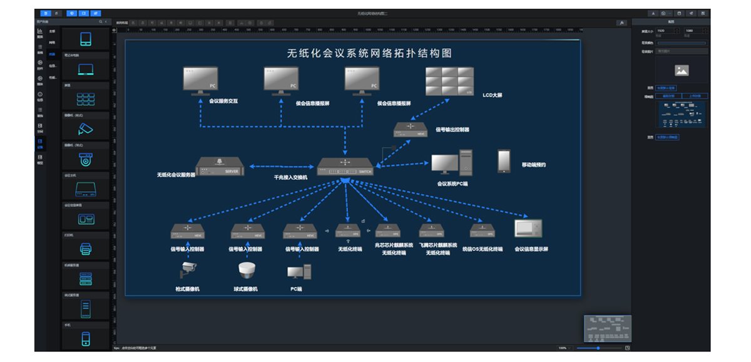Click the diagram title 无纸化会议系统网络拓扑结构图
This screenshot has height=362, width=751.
[369, 54]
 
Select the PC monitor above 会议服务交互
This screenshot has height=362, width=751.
[200, 80]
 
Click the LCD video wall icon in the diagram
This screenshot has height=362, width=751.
[449, 81]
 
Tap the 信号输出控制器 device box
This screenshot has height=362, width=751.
[410, 129]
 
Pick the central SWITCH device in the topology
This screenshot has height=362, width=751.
[345, 167]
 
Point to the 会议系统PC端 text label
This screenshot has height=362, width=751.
[452, 184]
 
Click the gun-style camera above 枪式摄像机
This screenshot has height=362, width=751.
[188, 270]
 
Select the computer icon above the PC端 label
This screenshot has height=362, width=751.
[299, 271]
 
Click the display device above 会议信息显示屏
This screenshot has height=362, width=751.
[528, 228]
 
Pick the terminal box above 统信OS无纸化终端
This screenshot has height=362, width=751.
[482, 230]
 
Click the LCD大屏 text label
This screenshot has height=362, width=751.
[493, 95]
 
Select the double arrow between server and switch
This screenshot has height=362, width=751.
[281, 167]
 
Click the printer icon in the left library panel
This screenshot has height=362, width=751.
[86, 249]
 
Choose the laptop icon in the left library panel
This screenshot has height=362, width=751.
[86, 69]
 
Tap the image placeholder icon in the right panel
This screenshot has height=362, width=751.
[682, 71]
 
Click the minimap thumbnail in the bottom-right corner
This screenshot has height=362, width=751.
[607, 328]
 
